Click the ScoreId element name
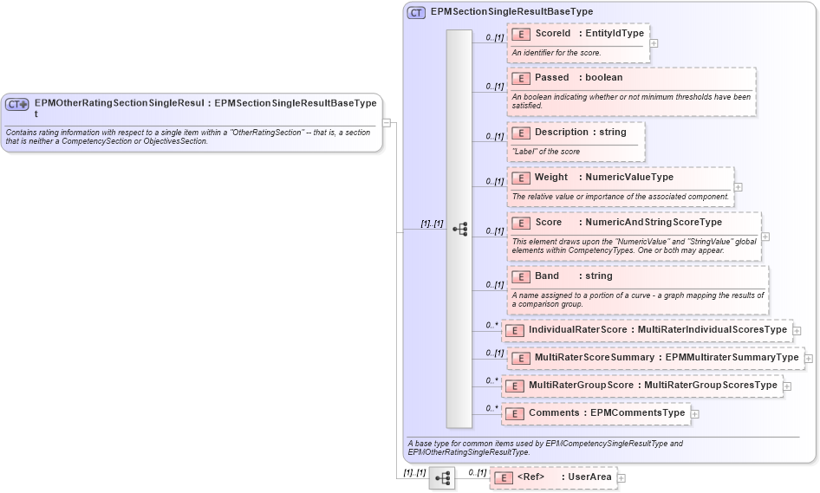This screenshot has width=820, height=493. click(553, 34)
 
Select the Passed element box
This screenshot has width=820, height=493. click(631, 91)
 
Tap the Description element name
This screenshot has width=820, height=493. click(561, 133)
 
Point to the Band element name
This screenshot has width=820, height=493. click(547, 276)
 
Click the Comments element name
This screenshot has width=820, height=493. click(554, 413)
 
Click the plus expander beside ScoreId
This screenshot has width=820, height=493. click(654, 42)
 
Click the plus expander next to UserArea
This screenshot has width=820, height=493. click(621, 478)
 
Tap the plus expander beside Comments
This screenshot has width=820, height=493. click(694, 414)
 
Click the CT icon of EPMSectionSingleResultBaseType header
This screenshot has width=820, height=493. click(416, 13)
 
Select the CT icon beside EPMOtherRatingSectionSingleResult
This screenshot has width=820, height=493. click(17, 104)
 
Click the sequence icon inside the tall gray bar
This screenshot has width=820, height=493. click(459, 229)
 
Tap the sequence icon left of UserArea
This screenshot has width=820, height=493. click(441, 478)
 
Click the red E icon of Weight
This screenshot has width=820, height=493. click(521, 178)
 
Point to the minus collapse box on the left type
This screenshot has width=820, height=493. click(387, 123)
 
